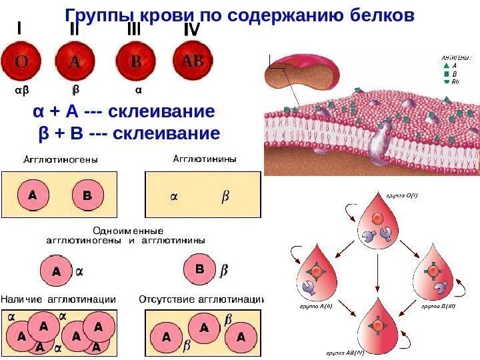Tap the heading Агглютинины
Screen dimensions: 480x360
205,159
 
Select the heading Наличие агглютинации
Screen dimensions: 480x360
57,299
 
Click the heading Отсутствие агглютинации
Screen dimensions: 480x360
202,299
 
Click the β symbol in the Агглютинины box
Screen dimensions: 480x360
225,197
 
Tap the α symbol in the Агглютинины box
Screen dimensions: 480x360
175,197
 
